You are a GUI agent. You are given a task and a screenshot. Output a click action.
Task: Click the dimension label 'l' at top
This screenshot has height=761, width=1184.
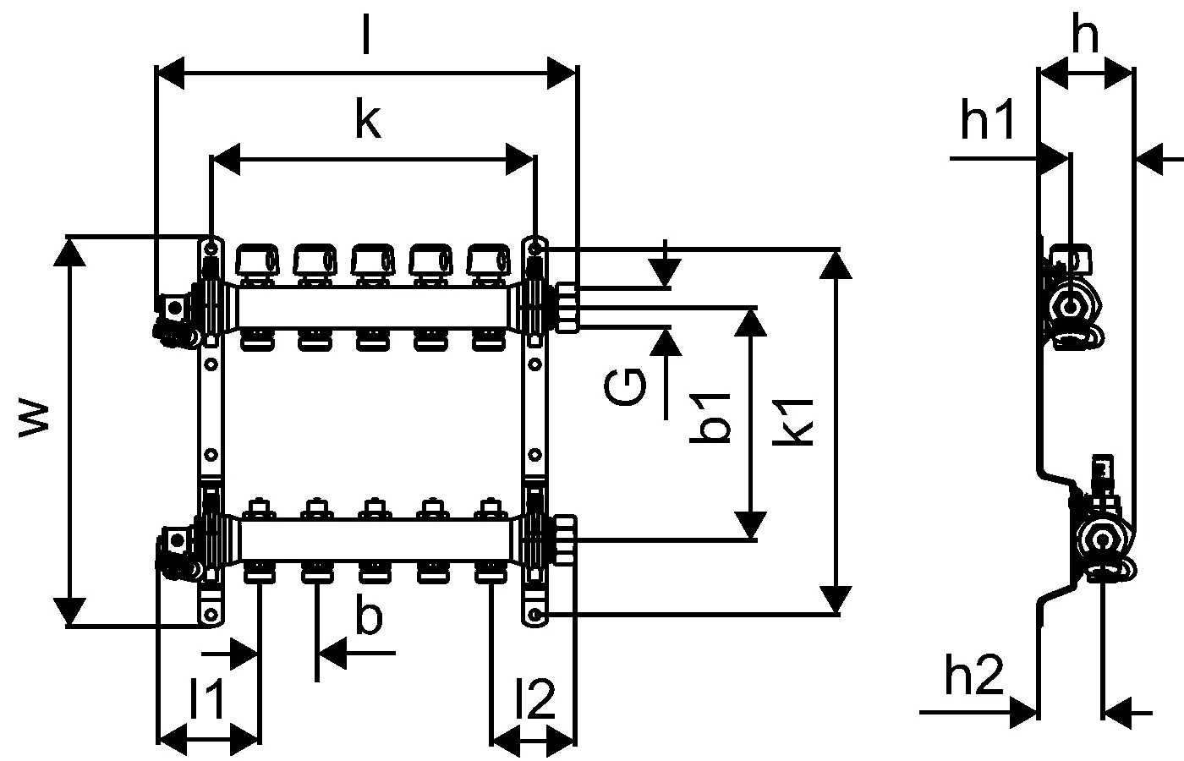point(365,36)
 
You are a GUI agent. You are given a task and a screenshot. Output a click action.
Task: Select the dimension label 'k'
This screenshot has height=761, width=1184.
point(368,120)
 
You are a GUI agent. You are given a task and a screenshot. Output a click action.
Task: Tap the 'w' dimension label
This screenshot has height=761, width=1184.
point(36,420)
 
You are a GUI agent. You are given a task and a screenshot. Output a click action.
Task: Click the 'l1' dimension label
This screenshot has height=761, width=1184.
point(206,699)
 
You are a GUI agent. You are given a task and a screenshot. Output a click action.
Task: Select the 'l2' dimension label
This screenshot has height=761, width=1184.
point(534,699)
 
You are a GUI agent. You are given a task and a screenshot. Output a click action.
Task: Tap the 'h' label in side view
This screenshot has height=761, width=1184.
point(1085,36)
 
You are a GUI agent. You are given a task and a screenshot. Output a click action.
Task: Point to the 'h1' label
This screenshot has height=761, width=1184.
point(987,123)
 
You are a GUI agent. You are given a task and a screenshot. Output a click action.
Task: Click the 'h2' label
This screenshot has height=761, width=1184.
point(973,676)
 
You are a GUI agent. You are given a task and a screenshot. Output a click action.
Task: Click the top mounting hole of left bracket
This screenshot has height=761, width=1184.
point(210,248)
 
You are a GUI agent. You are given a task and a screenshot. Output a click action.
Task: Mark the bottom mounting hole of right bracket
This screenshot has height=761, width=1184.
point(534,614)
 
